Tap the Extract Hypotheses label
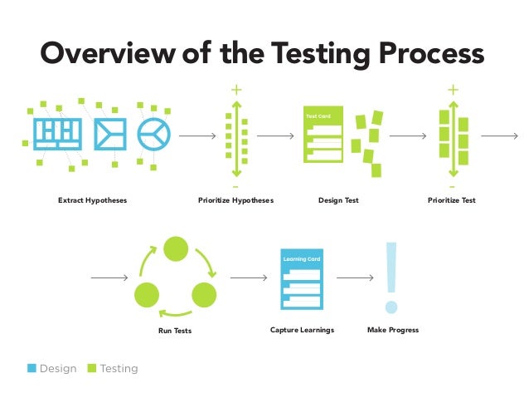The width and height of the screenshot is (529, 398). [x=92, y=200]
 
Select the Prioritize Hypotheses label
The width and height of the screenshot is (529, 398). [x=235, y=200]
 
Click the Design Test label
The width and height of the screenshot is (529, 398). [x=338, y=200]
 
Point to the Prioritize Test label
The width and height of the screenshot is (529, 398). [x=451, y=200]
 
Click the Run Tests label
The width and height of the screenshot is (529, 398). [x=176, y=331]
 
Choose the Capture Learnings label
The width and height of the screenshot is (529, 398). [x=302, y=330]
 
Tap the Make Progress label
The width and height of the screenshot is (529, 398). [x=392, y=330]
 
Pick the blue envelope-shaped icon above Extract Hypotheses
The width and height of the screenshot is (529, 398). [x=109, y=133]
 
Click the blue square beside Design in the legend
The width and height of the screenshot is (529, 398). [x=32, y=368]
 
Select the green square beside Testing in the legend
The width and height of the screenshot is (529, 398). [x=92, y=368]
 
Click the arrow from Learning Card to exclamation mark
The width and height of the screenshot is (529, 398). [x=353, y=277]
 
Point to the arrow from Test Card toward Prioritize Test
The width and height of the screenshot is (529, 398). [x=408, y=135]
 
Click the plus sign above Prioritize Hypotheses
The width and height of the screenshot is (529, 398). [x=236, y=90]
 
